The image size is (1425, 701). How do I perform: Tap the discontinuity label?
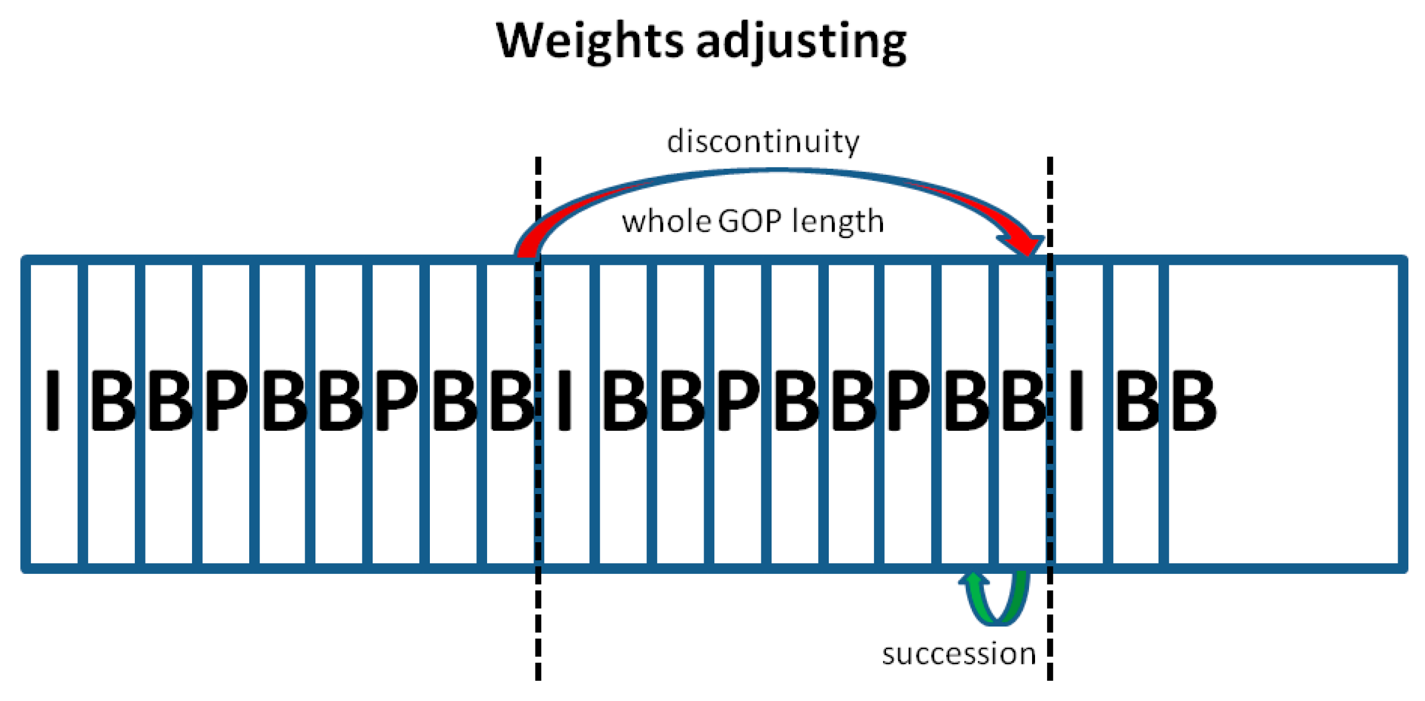pyautogui.click(x=763, y=141)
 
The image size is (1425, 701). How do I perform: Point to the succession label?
pyautogui.click(x=959, y=654)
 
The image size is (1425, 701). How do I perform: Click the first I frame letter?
pyautogui.click(x=53, y=400)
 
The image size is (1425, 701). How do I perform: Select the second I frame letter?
pyautogui.click(x=564, y=400)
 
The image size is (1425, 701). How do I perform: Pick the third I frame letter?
pyautogui.click(x=1076, y=400)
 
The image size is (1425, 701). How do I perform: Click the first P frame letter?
pyautogui.click(x=226, y=400)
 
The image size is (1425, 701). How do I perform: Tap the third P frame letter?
pyautogui.click(x=738, y=400)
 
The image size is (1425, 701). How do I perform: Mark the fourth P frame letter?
pyautogui.click(x=908, y=400)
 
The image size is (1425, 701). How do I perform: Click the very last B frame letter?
pyautogui.click(x=1193, y=400)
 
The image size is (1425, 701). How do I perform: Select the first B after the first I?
pyautogui.click(x=113, y=400)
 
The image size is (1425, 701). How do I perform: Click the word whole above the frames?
pyautogui.click(x=666, y=221)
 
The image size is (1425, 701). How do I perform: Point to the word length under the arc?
pyautogui.click(x=837, y=221)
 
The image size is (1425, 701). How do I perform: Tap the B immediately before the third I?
pyautogui.click(x=1023, y=400)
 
